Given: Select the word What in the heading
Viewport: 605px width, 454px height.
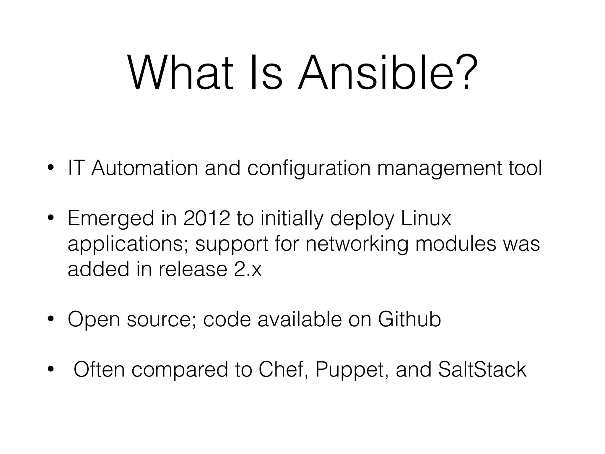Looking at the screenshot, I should pyautogui.click(x=180, y=73).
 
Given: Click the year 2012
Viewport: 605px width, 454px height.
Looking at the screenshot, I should pyautogui.click(x=206, y=219).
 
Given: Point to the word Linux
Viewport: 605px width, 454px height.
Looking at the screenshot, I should pyautogui.click(x=426, y=219).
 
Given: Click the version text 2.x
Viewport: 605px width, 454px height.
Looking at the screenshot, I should pyautogui.click(x=248, y=270).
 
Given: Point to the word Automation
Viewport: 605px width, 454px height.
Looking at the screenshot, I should pyautogui.click(x=144, y=168).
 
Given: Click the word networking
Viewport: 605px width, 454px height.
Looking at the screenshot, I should pyautogui.click(x=357, y=245).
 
